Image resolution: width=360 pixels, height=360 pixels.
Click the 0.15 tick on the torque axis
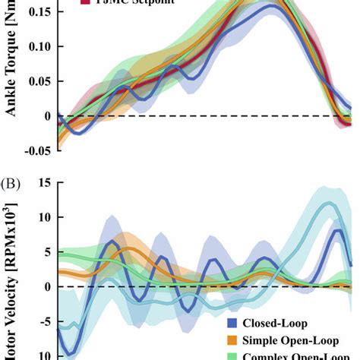tap(39, 12)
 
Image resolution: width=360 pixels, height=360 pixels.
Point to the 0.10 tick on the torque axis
tap(39, 46)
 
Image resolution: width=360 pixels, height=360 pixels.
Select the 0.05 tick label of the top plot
tap(39, 81)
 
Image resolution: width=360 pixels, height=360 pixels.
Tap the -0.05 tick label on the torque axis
tap(37, 150)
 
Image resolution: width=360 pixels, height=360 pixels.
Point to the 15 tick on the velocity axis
tap(44, 182)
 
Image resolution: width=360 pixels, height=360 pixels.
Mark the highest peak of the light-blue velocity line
tap(327, 203)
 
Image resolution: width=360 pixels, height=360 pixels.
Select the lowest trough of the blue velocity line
tap(69, 352)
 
